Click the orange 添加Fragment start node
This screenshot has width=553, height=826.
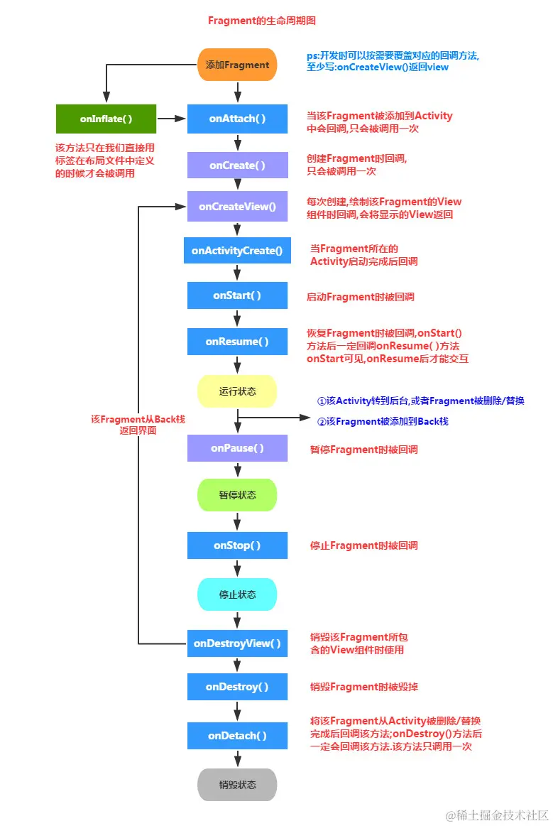237,65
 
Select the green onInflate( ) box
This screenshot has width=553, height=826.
106,119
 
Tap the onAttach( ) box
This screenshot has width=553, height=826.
237,119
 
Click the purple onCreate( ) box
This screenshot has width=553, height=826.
237,165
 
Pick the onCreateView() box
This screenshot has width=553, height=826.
237,207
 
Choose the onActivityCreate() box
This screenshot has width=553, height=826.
237,250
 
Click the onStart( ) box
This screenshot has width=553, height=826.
237,295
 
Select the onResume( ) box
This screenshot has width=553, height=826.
237,342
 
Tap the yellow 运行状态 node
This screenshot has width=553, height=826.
237,391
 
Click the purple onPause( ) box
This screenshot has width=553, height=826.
237,448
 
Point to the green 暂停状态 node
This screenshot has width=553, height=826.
237,495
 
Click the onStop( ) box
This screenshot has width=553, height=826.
237,545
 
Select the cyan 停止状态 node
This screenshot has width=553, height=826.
237,594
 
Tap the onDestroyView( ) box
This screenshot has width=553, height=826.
237,643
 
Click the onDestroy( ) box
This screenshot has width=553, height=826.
237,687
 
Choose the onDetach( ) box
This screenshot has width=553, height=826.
237,736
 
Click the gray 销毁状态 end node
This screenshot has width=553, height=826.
237,785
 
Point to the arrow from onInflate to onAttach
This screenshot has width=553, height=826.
172,119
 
